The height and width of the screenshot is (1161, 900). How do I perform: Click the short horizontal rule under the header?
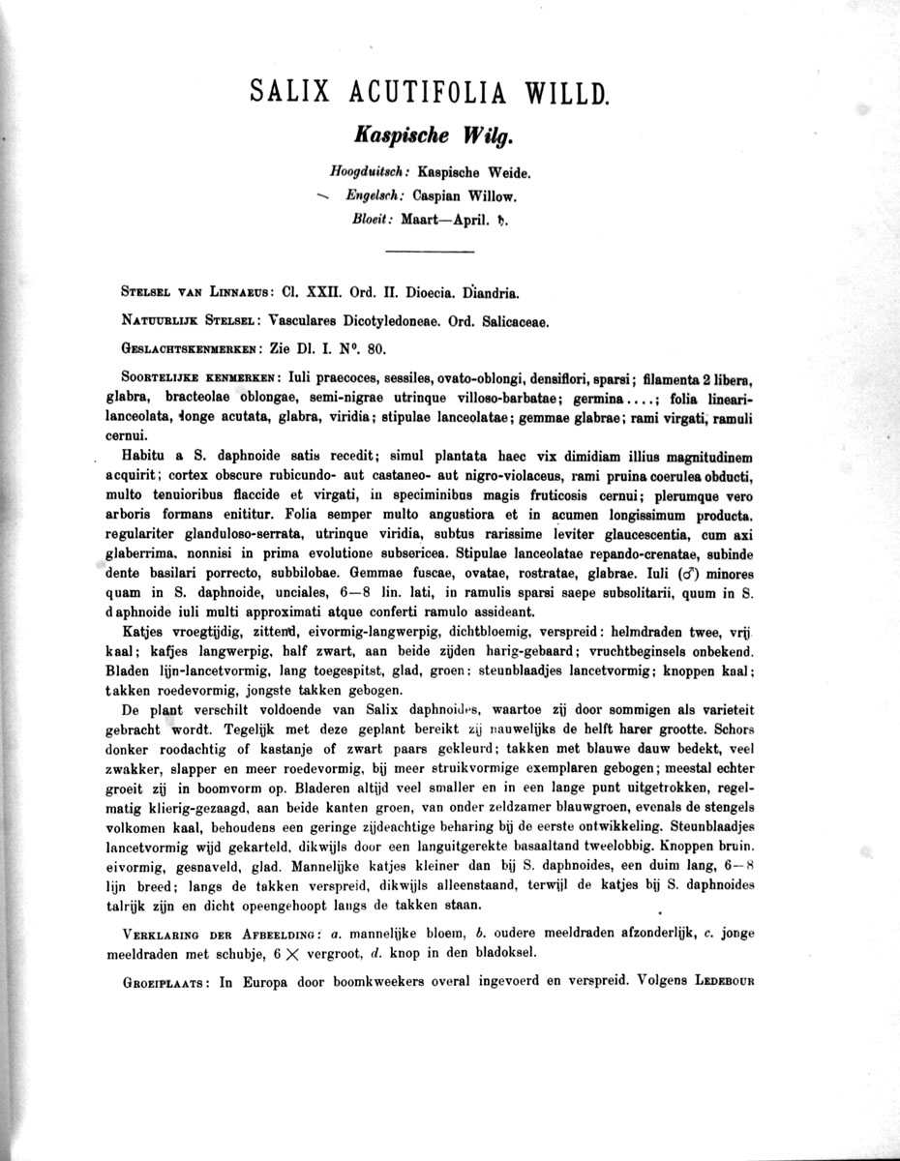430,253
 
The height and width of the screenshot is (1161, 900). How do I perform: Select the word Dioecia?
416,291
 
